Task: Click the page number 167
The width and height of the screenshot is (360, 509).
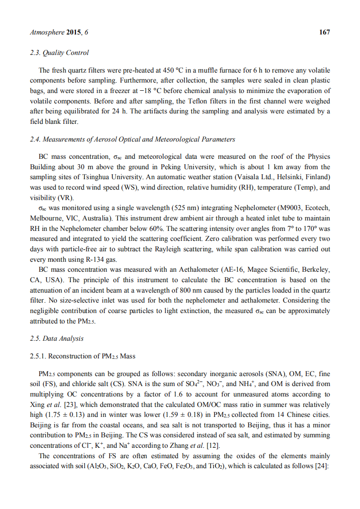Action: click(325, 32)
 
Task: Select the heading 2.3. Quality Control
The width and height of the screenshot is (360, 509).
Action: click(59, 53)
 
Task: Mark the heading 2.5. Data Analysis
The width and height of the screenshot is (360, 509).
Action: click(56, 338)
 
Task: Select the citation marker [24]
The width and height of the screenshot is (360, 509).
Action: click(324, 466)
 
